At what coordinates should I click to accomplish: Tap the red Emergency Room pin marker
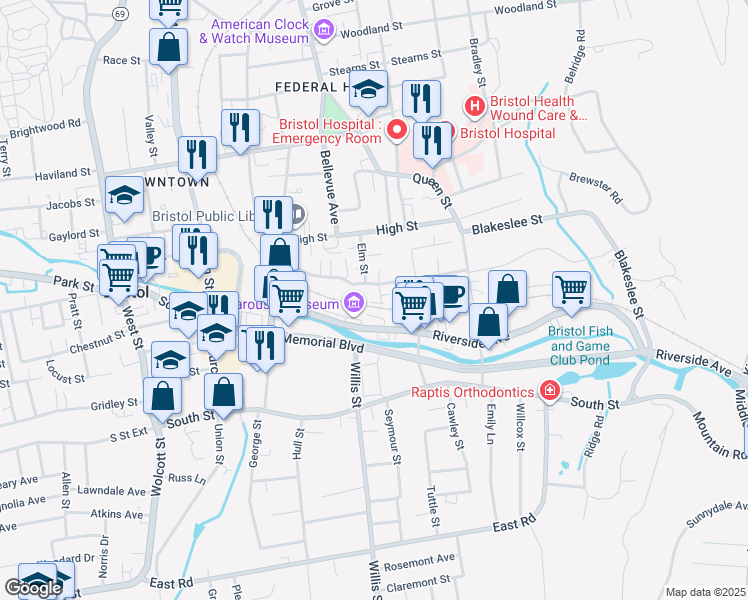pyautogui.click(x=397, y=129)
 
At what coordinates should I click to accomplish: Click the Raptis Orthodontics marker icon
pyautogui.click(x=549, y=391)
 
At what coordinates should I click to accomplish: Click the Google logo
pyautogui.click(x=33, y=588)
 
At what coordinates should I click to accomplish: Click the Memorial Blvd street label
pyautogui.click(x=323, y=342)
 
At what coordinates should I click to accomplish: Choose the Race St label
pyautogui.click(x=121, y=60)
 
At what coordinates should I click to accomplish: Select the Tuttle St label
pyautogui.click(x=434, y=506)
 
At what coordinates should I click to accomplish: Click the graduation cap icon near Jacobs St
pyautogui.click(x=125, y=195)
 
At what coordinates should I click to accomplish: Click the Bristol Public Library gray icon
pyautogui.click(x=298, y=214)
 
